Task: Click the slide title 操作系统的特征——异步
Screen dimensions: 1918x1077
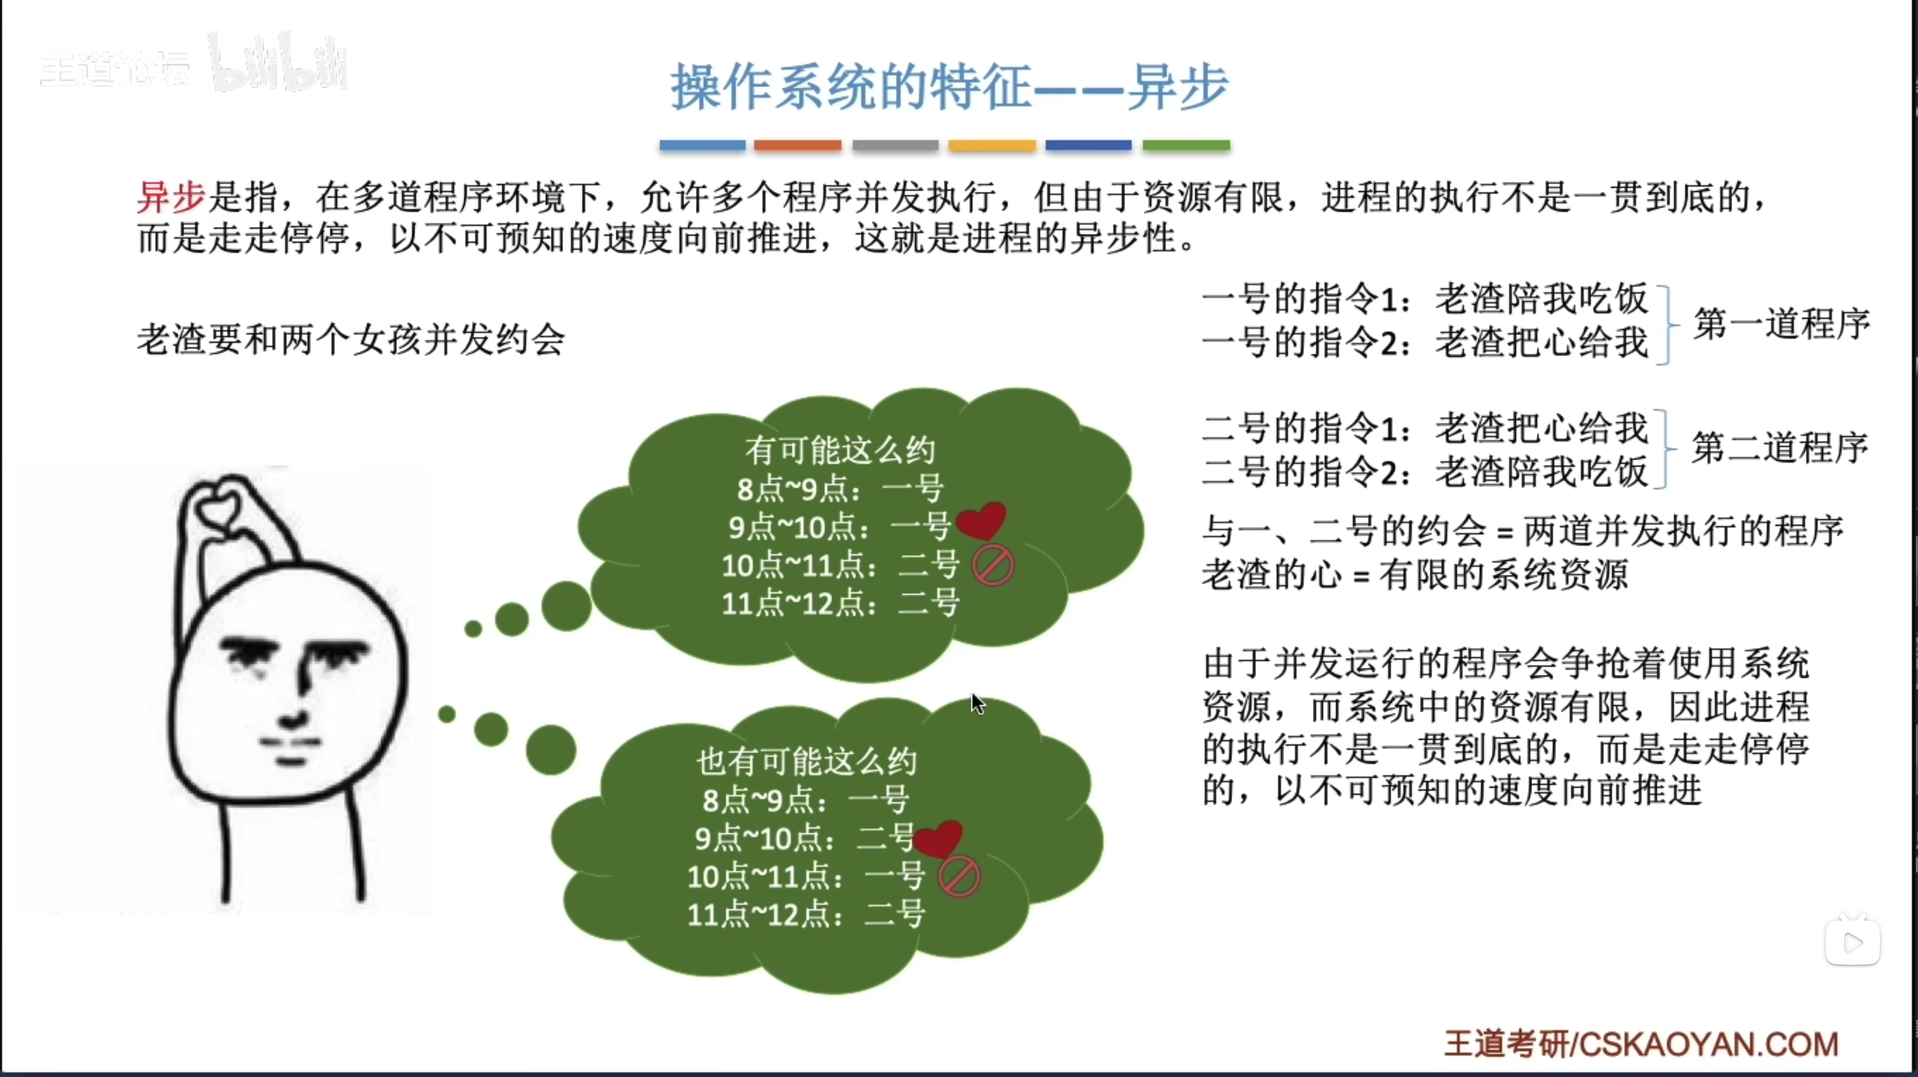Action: click(x=949, y=87)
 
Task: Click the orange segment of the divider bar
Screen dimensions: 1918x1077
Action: click(x=798, y=145)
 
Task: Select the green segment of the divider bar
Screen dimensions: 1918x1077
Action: click(x=1186, y=145)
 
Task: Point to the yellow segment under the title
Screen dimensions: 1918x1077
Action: click(x=992, y=145)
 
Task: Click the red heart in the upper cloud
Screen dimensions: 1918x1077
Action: click(x=982, y=520)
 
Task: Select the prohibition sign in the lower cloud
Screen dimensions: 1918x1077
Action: click(x=959, y=876)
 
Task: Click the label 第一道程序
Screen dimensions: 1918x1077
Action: click(x=1782, y=324)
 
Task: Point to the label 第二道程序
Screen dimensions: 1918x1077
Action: click(x=1780, y=447)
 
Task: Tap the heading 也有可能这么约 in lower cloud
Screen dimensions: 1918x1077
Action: click(x=806, y=761)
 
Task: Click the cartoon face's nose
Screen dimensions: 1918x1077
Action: click(x=296, y=703)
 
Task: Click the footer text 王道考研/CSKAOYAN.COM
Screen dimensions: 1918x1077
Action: click(x=1641, y=1043)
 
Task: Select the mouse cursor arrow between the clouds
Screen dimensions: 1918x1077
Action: click(x=978, y=703)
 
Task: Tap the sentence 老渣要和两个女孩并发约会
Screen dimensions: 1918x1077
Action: click(x=351, y=340)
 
